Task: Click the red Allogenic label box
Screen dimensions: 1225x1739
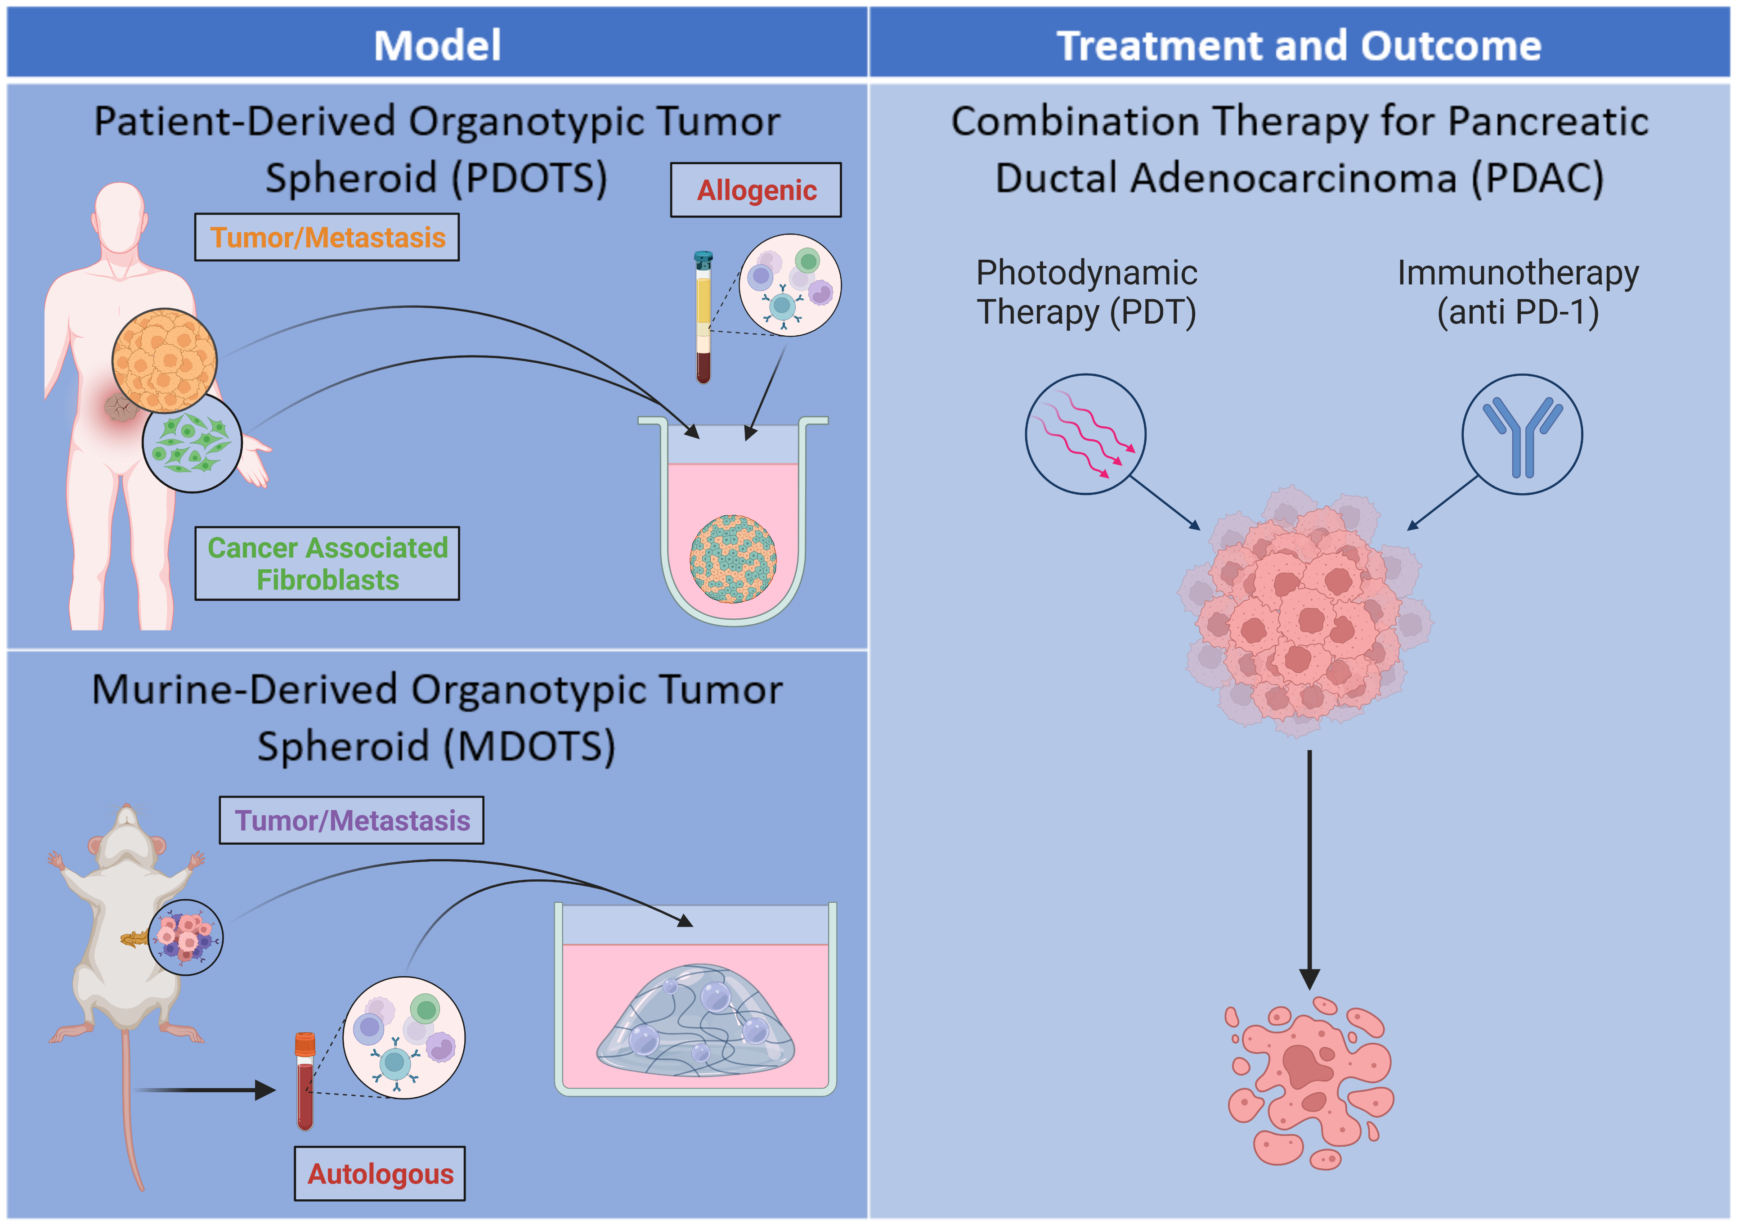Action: tap(755, 190)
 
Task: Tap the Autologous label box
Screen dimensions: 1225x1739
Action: tap(380, 1174)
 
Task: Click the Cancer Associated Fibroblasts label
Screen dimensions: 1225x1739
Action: tap(327, 563)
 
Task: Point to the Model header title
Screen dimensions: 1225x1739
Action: tap(437, 45)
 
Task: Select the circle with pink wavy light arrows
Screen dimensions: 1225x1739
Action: tap(1085, 434)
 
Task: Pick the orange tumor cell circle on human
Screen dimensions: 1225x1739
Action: tap(164, 360)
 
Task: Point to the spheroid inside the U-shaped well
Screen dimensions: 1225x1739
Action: tap(732, 558)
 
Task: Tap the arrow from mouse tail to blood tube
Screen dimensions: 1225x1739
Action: tap(205, 1090)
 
